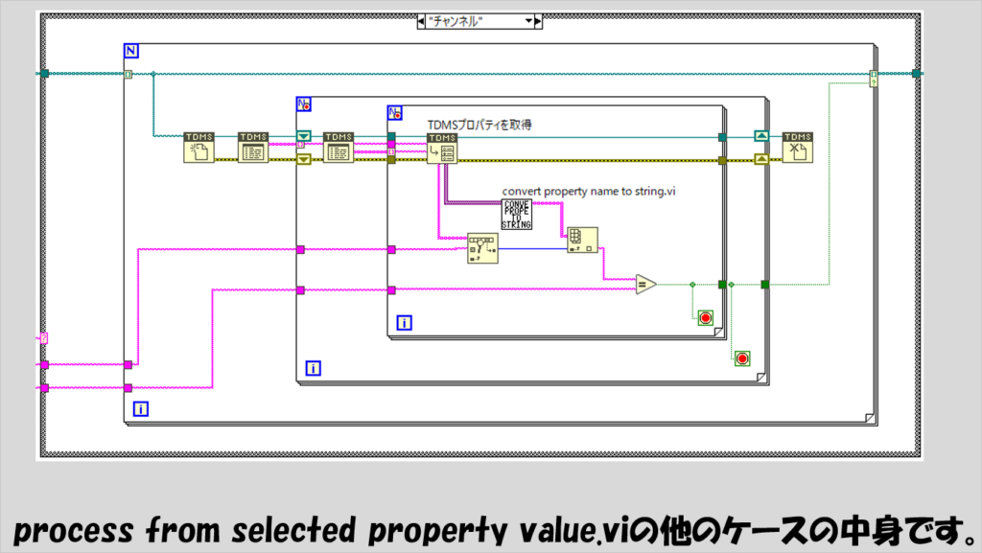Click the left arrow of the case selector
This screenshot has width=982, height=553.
[423, 21]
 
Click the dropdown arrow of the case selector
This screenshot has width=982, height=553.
[527, 21]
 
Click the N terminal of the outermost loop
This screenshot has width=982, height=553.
[131, 50]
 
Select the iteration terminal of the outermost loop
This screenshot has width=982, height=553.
[141, 409]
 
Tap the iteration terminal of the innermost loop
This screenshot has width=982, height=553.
[404, 323]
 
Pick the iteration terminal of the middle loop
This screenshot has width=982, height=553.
[312, 367]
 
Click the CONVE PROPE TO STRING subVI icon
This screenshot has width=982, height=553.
[517, 215]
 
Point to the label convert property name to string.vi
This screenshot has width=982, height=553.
[590, 192]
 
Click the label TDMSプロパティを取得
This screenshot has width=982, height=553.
[478, 124]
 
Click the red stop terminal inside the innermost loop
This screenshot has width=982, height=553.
[706, 317]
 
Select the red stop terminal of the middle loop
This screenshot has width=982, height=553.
[741, 358]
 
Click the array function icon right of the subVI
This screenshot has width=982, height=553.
[582, 240]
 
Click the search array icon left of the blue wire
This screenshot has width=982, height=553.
[482, 247]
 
